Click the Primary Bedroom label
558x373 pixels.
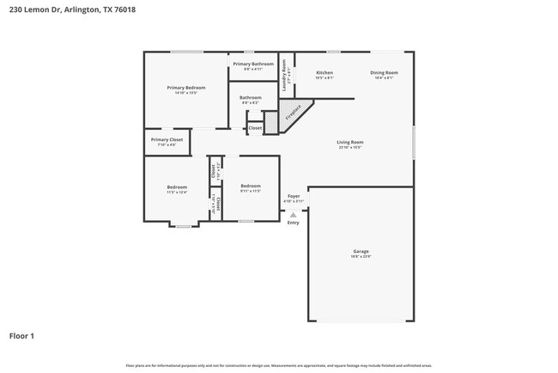[x=186, y=88]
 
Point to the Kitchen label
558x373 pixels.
[x=324, y=73]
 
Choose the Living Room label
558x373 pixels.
[x=349, y=142]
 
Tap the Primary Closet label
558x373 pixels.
[x=167, y=139]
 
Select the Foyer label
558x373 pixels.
[x=294, y=196]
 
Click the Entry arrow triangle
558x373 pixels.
[x=293, y=214]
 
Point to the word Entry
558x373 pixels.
[x=294, y=222]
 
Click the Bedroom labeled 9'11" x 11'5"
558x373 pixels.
[x=251, y=186]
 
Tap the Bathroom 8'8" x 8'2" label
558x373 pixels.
[x=251, y=98]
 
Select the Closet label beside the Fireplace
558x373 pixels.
[x=255, y=128]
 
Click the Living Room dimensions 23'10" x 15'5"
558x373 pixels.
[x=349, y=148]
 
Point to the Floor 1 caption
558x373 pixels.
[x=22, y=335]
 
